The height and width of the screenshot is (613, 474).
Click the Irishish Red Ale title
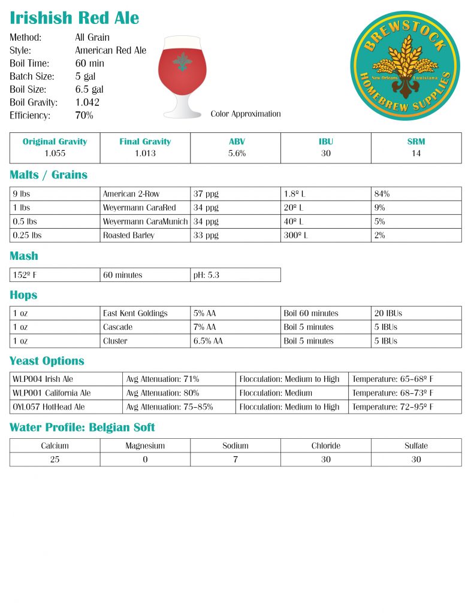74,18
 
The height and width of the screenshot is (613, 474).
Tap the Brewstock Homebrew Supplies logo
404,65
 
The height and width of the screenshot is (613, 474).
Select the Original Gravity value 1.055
55,154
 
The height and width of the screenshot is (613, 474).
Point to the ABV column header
236,142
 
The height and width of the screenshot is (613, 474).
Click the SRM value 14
416,154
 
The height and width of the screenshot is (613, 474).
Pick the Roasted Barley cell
129,235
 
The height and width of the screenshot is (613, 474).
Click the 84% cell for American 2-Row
380,194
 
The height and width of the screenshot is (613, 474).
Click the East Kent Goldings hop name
135,313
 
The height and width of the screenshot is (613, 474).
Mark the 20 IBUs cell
385,313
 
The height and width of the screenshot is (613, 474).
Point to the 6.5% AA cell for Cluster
208,341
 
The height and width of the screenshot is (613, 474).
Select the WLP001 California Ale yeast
52,393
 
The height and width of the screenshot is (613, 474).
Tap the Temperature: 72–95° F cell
393,406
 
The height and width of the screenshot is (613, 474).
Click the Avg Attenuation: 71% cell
162,379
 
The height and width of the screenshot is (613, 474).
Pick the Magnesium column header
145,446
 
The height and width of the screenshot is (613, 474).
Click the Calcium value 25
55,459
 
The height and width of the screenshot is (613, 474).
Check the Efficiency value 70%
84,116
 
